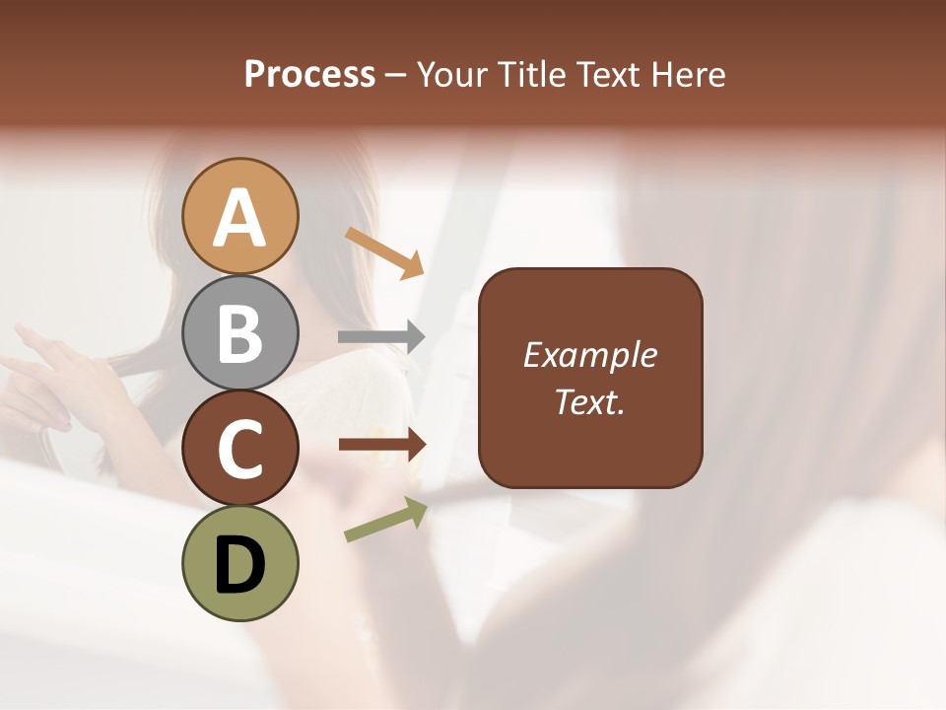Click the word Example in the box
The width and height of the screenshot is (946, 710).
pyautogui.click(x=590, y=355)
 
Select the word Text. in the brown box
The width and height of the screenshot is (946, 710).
pyautogui.click(x=590, y=402)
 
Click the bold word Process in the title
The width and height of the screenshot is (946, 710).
pyautogui.click(x=309, y=74)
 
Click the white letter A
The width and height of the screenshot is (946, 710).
pyautogui.click(x=240, y=218)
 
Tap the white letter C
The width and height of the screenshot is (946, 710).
pyautogui.click(x=240, y=449)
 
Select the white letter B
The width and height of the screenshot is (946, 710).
pyautogui.click(x=240, y=333)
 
